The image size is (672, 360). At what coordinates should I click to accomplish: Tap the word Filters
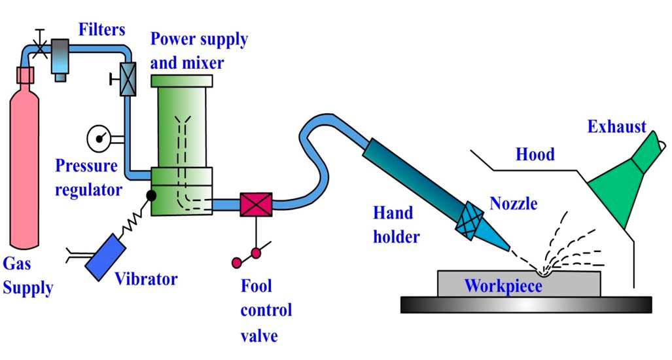click(x=102, y=29)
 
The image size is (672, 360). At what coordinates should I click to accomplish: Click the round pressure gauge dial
click(x=98, y=138)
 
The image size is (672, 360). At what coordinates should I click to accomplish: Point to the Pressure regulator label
click(x=88, y=177)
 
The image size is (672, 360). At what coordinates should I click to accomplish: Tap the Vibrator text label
click(x=146, y=279)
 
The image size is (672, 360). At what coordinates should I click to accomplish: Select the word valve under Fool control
click(x=259, y=336)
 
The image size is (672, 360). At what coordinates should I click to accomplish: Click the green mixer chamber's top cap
click(x=181, y=81)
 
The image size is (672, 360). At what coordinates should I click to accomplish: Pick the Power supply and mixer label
click(x=198, y=50)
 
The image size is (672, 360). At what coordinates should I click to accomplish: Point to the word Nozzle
click(x=514, y=204)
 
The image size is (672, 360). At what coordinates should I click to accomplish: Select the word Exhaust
click(x=616, y=126)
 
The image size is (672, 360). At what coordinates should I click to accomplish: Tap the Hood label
click(x=535, y=154)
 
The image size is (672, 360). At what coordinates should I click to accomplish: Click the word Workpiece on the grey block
click(x=503, y=285)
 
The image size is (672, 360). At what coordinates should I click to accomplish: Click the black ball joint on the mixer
click(x=151, y=194)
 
